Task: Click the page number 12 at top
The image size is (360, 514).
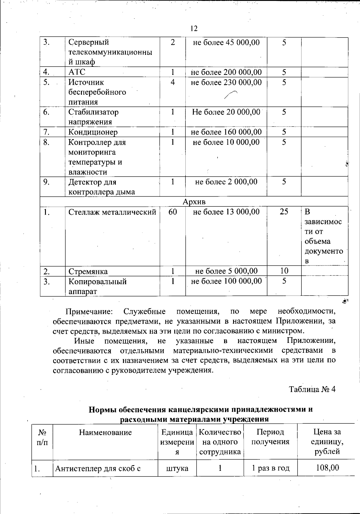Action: pyautogui.click(x=194, y=28)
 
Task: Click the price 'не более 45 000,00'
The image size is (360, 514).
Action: pyautogui.click(x=226, y=42)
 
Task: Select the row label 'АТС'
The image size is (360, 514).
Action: pyautogui.click(x=77, y=72)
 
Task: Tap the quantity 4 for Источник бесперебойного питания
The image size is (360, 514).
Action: pyautogui.click(x=172, y=82)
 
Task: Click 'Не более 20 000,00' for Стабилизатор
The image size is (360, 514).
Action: pyautogui.click(x=226, y=112)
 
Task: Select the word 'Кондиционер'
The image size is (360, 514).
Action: pyautogui.click(x=93, y=132)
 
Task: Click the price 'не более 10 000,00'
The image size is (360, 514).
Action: pyautogui.click(x=226, y=142)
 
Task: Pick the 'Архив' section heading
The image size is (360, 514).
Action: pyautogui.click(x=194, y=202)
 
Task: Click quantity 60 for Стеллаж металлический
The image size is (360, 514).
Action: pyautogui.click(x=172, y=212)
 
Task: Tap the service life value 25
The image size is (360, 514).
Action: pyautogui.click(x=284, y=212)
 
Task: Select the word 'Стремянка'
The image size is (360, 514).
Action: pyautogui.click(x=88, y=272)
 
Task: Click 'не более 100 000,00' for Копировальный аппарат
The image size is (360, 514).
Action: pyautogui.click(x=226, y=281)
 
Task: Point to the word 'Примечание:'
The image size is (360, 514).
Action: pyautogui.click(x=89, y=311)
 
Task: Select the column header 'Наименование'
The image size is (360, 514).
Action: pyautogui.click(x=105, y=432)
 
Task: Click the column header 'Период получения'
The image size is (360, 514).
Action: pyautogui.click(x=270, y=437)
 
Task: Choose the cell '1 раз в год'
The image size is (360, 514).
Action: pyautogui.click(x=270, y=468)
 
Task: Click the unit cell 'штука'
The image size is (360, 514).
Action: pyautogui.click(x=177, y=468)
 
